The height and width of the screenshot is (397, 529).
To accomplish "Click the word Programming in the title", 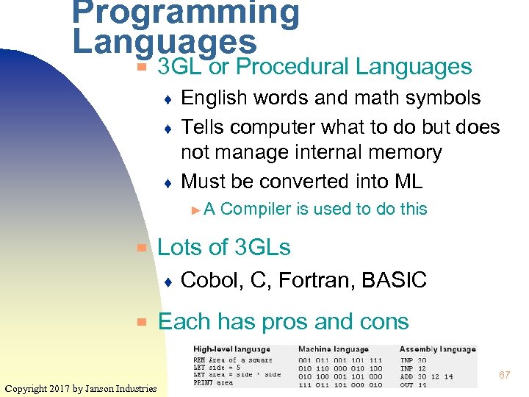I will coord(186,12).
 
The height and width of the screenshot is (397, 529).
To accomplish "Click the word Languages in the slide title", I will coord(165,42).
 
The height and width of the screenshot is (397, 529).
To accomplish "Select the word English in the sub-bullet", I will coord(216,98).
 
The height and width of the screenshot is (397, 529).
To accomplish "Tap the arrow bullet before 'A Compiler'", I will coord(195,210).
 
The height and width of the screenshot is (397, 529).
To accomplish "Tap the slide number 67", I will coord(504,375).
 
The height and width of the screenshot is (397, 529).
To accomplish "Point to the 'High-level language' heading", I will coord(231,349).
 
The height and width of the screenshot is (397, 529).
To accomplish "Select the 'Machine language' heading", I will coord(334,349).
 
